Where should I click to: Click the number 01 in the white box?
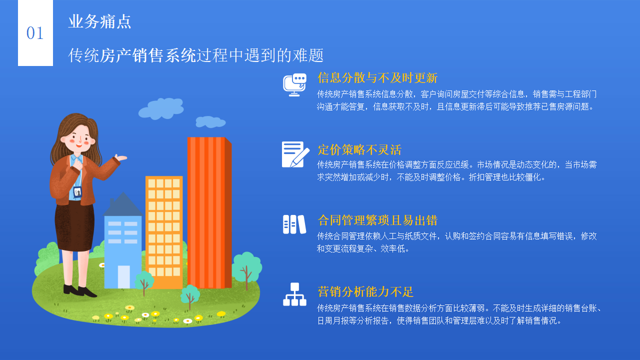[x=35, y=33]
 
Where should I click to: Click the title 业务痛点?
[x=100, y=21]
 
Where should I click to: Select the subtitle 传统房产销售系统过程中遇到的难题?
[x=196, y=55]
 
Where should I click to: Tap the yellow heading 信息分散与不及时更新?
[x=377, y=78]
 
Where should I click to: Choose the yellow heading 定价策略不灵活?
[x=359, y=150]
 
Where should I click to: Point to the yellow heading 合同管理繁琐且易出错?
[x=377, y=220]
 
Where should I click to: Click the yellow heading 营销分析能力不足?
[x=365, y=292]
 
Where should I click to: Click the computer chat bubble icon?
[x=294, y=84]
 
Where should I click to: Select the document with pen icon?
[x=295, y=154]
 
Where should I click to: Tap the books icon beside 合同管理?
[x=294, y=224]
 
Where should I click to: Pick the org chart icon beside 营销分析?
[x=294, y=294]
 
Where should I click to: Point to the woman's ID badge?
[x=77, y=191]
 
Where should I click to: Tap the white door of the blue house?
[x=123, y=276]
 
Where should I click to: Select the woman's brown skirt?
[x=74, y=225]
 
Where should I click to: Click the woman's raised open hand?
[x=120, y=158]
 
